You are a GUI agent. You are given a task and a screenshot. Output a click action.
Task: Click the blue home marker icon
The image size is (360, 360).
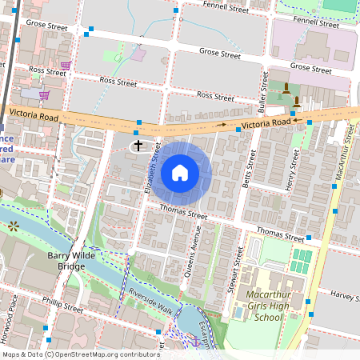tap(180, 173)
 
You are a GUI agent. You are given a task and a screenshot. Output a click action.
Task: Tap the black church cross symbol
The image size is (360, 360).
tap(138, 146)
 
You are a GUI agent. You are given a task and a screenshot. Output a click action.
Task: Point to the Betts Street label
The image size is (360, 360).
tap(250, 165)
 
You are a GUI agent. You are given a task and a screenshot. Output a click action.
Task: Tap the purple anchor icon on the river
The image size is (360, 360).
tap(194, 342)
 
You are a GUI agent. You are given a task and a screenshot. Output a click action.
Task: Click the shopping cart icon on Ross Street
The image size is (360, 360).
tap(66, 66)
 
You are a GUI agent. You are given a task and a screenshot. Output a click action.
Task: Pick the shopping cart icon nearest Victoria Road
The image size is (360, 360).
tap(45, 94)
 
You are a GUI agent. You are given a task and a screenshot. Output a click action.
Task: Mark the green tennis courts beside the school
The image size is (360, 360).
tap(301, 261)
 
